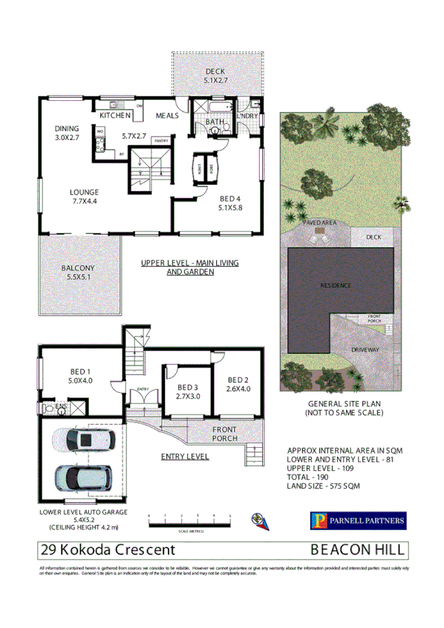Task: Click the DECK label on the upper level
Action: pyautogui.click(x=215, y=72)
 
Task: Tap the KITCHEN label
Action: pyautogui.click(x=116, y=116)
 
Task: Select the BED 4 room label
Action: pyautogui.click(x=229, y=198)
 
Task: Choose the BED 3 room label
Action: pyautogui.click(x=188, y=387)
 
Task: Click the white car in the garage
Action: pyautogui.click(x=82, y=442)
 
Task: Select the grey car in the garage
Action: pyautogui.click(x=78, y=479)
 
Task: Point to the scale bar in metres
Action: pyautogui.click(x=189, y=523)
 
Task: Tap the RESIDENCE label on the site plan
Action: pyautogui.click(x=334, y=285)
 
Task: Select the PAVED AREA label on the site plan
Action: pyautogui.click(x=320, y=222)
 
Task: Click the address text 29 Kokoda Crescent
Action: pyautogui.click(x=108, y=550)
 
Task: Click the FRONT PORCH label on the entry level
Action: pyautogui.click(x=224, y=434)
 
